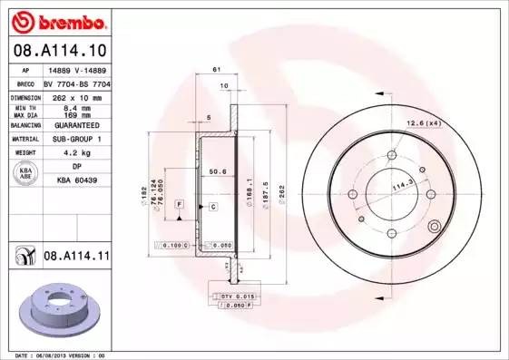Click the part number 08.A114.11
pyautogui.click(x=76, y=257)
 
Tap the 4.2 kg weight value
pyautogui.click(x=76, y=153)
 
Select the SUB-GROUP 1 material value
pyautogui.click(x=76, y=139)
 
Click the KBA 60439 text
pyautogui.click(x=76, y=181)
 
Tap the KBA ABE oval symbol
pyautogui.click(x=26, y=174)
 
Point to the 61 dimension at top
pyautogui.click(x=216, y=70)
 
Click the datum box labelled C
pyautogui.click(x=212, y=207)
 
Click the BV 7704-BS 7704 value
pyautogui.click(x=76, y=83)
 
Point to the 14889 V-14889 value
pyautogui.click(x=76, y=69)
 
